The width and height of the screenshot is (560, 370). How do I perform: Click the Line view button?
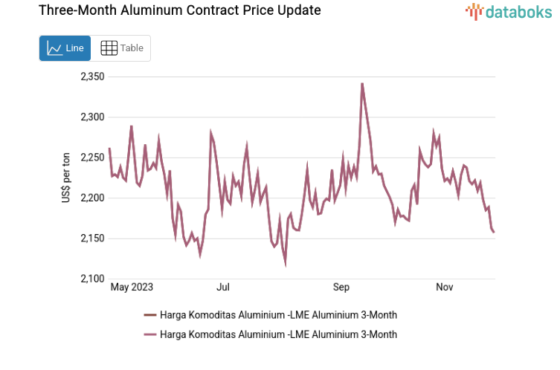[65, 48]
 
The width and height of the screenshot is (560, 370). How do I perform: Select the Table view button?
[121, 48]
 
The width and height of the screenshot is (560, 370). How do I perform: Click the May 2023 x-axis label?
[131, 287]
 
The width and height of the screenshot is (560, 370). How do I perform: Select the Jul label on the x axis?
[222, 287]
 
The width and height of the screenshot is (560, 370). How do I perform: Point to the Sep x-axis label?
[341, 287]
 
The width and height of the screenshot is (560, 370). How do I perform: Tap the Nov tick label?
[445, 287]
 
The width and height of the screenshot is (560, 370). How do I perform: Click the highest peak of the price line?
[362, 83]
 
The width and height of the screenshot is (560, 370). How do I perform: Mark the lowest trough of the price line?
[286, 264]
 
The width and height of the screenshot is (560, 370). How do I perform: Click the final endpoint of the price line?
[494, 232]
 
